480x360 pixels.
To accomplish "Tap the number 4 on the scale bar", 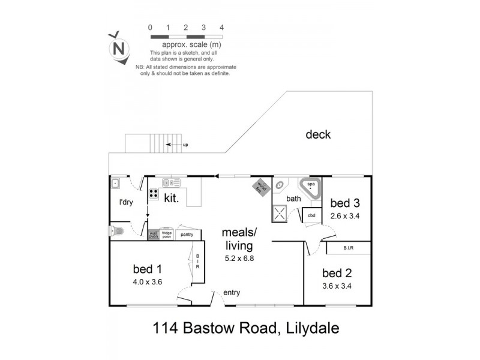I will pyautogui.click(x=222, y=28).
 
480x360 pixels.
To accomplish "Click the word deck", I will pyautogui.click(x=317, y=135).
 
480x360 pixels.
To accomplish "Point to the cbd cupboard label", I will pyautogui.click(x=312, y=215).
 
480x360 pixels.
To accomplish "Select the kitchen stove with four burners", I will pyautogui.click(x=154, y=194).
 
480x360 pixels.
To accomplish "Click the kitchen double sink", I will pyautogui.click(x=171, y=182).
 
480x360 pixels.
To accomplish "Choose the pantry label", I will pyautogui.click(x=187, y=235).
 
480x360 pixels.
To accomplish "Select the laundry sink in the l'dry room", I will pyautogui.click(x=116, y=183).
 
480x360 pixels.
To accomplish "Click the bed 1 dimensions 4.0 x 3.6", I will pyautogui.click(x=148, y=281).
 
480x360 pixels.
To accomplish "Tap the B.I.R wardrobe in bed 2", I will pyautogui.click(x=348, y=247).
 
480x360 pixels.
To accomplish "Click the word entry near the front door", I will pyautogui.click(x=232, y=293).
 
